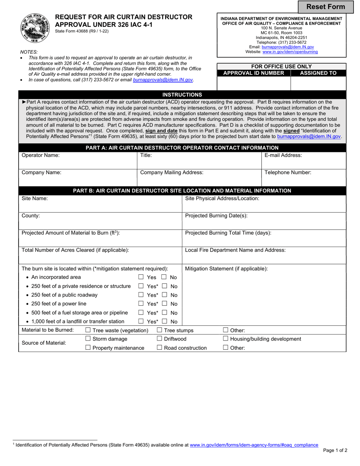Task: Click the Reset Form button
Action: click(326, 7)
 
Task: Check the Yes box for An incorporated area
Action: click(141, 277)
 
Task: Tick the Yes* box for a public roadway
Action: click(141, 295)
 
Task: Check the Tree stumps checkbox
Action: click(160, 330)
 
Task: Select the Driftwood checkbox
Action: click(160, 339)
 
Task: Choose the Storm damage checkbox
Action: click(88, 339)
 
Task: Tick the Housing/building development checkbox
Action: click(225, 339)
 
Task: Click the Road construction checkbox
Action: click(160, 348)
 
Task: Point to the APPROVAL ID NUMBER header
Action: click(254, 73)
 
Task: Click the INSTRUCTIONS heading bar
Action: click(182, 95)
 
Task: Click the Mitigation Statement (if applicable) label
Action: click(226, 269)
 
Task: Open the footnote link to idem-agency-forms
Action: click(254, 445)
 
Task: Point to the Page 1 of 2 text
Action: click(335, 450)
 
